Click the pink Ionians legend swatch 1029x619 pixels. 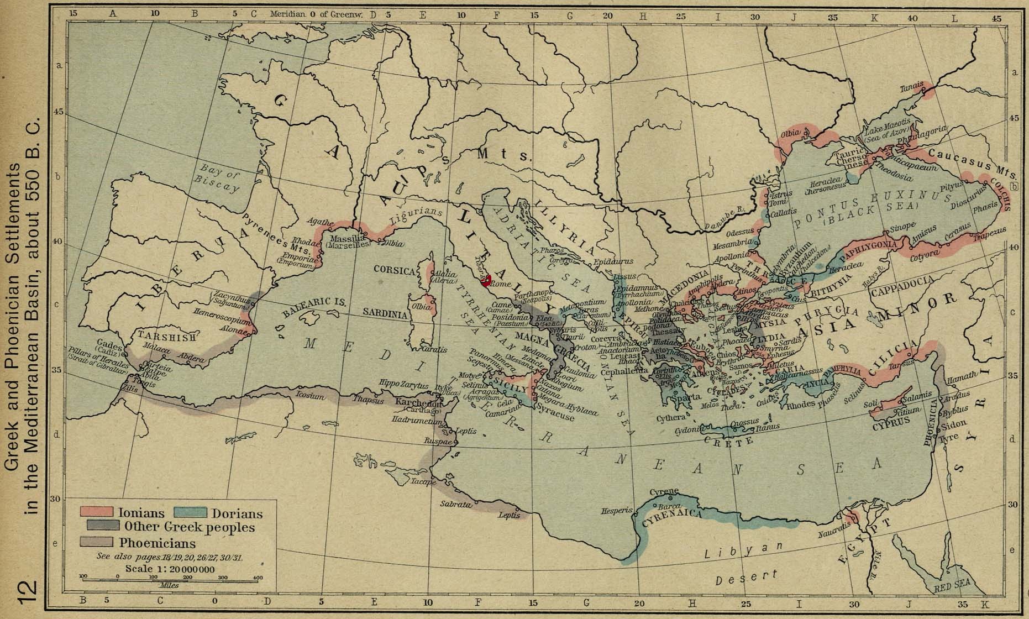click(x=97, y=513)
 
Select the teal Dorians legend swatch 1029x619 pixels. click(x=191, y=513)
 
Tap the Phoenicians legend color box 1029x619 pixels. click(x=97, y=542)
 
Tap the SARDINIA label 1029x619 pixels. click(x=385, y=313)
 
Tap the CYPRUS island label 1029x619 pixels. click(x=891, y=426)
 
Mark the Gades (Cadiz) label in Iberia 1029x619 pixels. click(x=109, y=345)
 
